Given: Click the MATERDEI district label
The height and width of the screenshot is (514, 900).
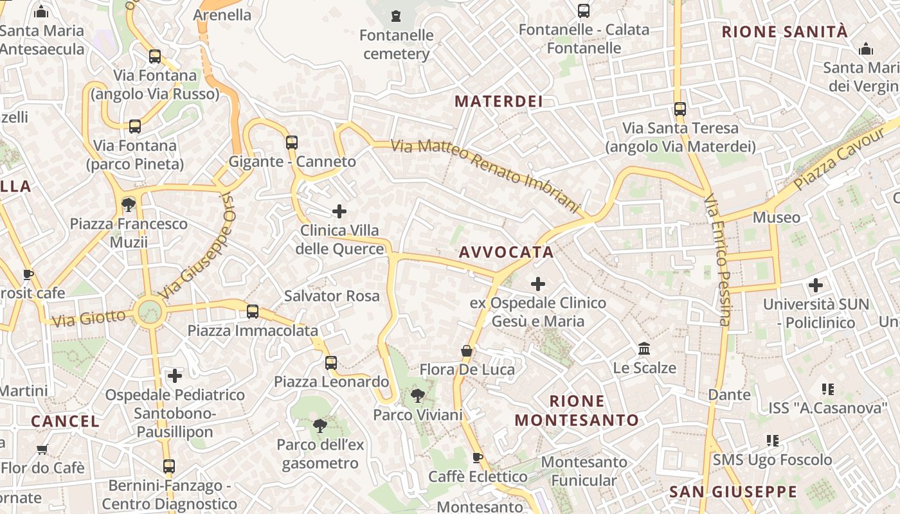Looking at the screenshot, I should point(499,101).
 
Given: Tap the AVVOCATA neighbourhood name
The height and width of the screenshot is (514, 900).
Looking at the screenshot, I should point(507,253).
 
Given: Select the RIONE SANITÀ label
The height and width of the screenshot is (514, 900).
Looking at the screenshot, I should point(785,31).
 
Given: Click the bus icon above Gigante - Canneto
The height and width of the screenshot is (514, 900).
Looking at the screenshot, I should point(292,142).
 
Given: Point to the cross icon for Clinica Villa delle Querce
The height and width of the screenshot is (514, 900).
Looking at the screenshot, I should point(339,211).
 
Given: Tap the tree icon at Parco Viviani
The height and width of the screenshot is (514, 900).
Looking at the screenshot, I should point(418,395).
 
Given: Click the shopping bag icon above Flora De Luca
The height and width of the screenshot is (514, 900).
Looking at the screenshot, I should point(467,351).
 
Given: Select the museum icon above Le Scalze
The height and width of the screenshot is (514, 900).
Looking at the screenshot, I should point(644,349).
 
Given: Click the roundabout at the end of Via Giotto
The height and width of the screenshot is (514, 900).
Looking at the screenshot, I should point(150,312).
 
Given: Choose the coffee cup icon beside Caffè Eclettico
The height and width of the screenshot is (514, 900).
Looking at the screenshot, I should point(477,457).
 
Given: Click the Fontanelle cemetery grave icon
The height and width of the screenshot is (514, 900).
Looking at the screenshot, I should point(396,15).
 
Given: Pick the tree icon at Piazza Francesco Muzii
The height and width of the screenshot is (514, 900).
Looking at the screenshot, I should point(129,205).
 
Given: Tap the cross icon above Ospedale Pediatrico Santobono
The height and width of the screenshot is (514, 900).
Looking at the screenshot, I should point(175,375).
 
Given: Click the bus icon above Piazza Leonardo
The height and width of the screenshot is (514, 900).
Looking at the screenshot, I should point(331,363).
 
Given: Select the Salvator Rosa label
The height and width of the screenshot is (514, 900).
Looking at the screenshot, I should point(332,296).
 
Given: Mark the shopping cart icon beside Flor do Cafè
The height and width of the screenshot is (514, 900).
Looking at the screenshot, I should point(42,448).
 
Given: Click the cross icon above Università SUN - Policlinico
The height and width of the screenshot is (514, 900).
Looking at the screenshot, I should point(816,285).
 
